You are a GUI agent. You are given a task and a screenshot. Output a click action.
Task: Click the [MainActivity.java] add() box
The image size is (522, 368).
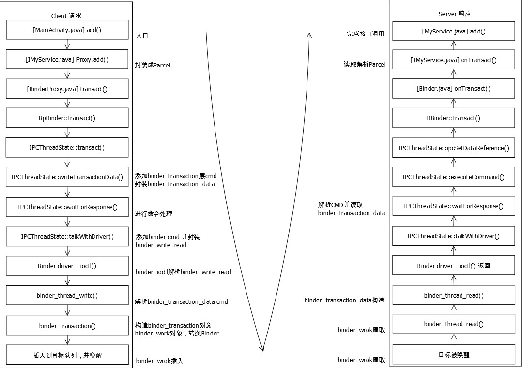pos(67,30)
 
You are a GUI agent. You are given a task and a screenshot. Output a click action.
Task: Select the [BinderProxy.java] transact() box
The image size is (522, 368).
pos(67,89)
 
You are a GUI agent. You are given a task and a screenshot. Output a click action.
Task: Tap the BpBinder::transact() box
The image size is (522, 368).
pos(67,118)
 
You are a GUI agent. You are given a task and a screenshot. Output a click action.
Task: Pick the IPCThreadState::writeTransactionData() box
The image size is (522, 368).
pos(67,177)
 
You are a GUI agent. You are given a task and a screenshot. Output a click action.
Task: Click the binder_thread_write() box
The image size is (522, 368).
pos(67,296)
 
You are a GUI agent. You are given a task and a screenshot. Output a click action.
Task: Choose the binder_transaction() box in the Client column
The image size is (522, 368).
pos(67,326)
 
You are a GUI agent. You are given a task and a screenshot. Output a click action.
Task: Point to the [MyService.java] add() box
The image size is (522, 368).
pos(454,32)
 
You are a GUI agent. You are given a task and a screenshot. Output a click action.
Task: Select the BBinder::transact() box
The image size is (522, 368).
pos(454,118)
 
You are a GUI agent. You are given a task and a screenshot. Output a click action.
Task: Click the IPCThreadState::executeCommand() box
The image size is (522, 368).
pos(454,177)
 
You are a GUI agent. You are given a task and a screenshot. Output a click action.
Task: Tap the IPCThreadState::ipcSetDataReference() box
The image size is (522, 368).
pos(454,148)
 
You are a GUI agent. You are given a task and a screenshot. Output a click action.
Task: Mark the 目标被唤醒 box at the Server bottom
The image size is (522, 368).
pos(454,354)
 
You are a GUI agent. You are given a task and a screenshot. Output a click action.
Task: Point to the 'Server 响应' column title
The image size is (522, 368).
pos(454,14)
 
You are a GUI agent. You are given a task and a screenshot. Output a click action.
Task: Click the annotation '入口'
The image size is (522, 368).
pos(142,35)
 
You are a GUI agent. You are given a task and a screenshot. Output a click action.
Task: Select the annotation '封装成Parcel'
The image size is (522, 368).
pos(153,65)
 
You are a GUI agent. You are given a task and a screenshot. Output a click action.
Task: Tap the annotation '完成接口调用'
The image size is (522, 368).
pos(365,34)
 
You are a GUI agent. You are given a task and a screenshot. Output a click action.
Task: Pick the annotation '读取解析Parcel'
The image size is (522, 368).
pos(365,64)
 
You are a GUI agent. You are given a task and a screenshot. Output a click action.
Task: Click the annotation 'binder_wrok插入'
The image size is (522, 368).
pos(159,361)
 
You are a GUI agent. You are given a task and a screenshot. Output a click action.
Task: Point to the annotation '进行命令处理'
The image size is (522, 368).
pos(154,214)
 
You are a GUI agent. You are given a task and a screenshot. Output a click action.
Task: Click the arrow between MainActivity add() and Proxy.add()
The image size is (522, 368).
pos(67,45)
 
